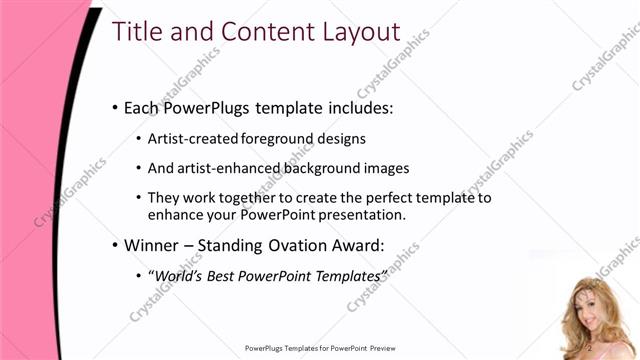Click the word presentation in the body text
358,214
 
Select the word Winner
151,244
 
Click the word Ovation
288,244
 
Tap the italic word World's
177,275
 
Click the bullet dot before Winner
114,245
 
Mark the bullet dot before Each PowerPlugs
114,108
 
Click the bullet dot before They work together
137,199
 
